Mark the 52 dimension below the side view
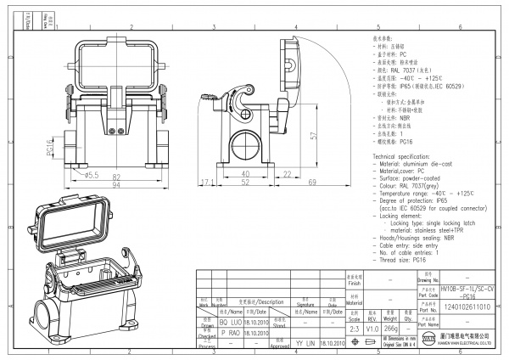[246, 183]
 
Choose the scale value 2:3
[353, 329]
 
